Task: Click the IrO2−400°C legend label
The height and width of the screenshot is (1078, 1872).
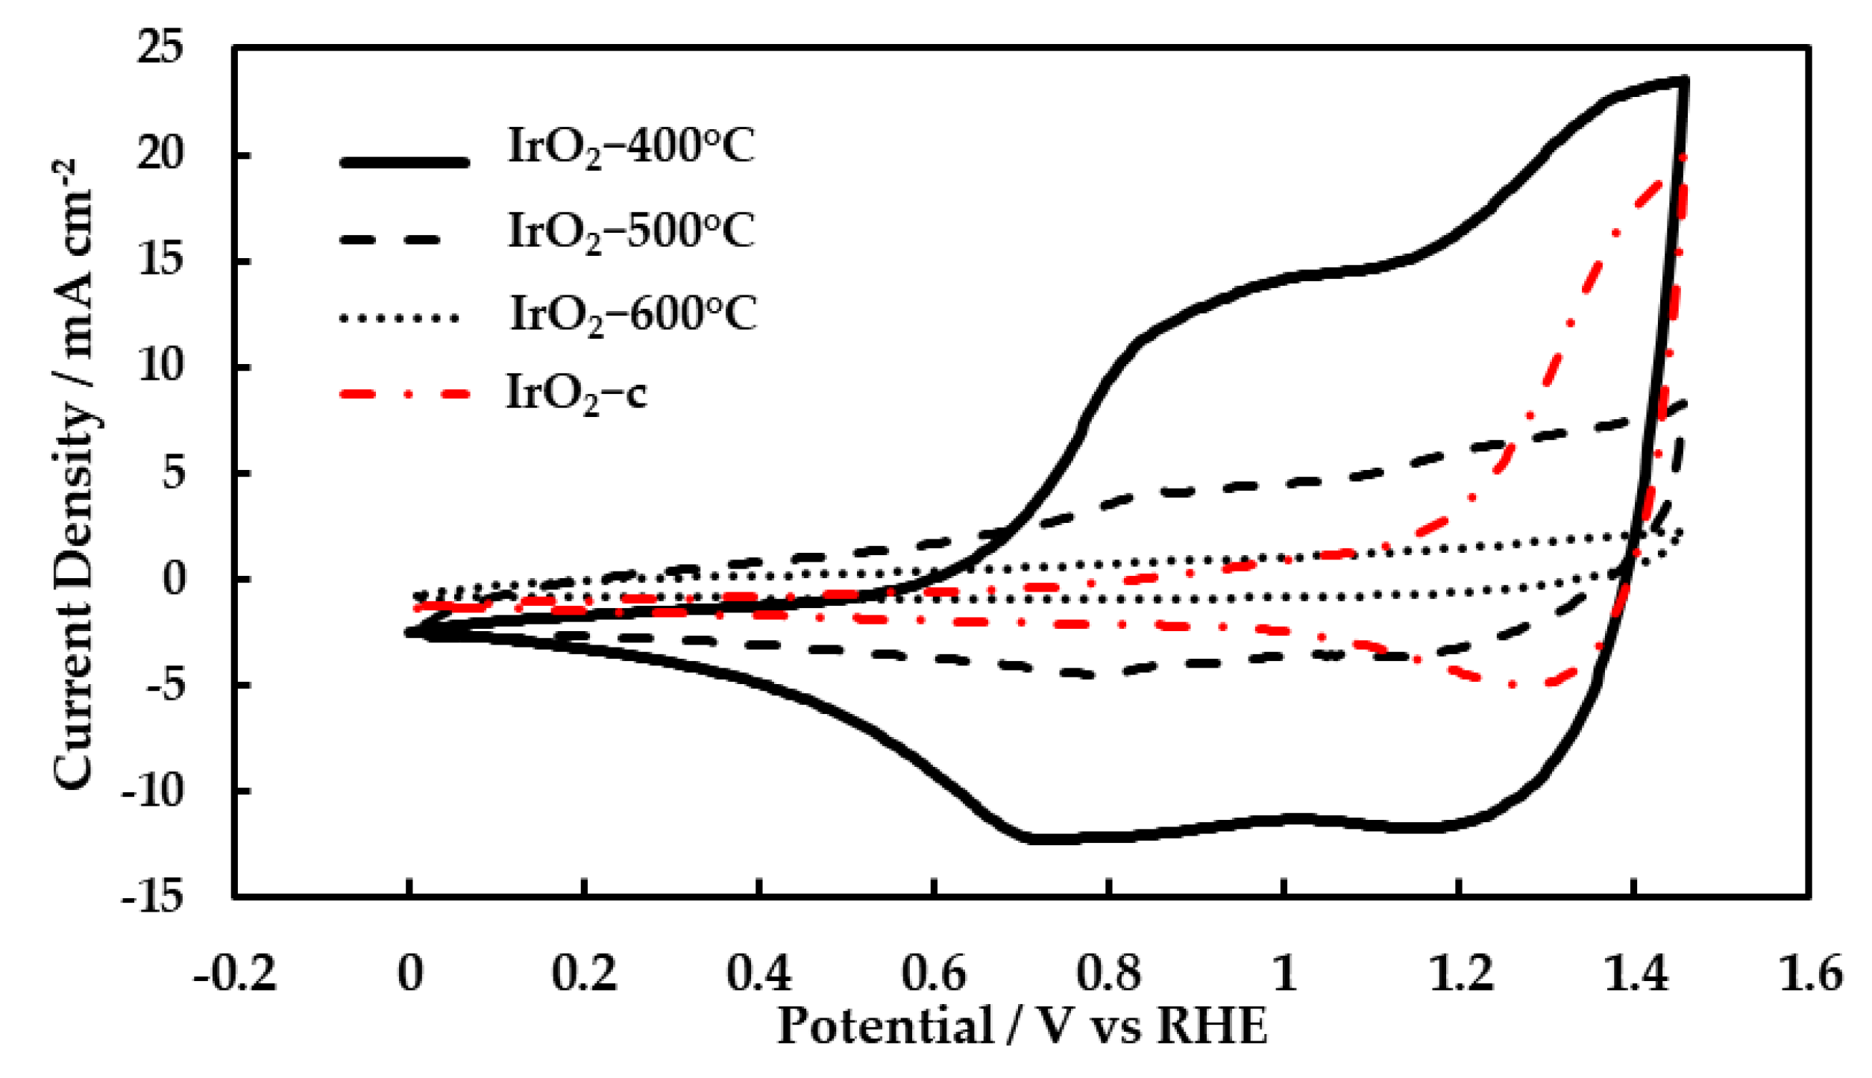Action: pyautogui.click(x=631, y=147)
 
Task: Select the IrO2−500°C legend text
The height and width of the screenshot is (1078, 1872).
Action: pyautogui.click(x=631, y=231)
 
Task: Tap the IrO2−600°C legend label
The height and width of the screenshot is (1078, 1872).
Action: pyautogui.click(x=632, y=313)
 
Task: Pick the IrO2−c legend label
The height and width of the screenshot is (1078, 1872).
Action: pyautogui.click(x=576, y=393)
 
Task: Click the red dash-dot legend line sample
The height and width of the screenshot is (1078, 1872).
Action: pyautogui.click(x=405, y=393)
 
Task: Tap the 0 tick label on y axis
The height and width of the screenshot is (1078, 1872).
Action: pyautogui.click(x=173, y=579)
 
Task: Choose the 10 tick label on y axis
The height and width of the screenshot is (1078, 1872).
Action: pyautogui.click(x=160, y=366)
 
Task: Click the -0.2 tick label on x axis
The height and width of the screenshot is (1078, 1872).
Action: pyautogui.click(x=235, y=974)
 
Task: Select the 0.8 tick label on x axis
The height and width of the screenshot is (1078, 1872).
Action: pyautogui.click(x=1109, y=974)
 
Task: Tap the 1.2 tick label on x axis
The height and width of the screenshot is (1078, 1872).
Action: pyautogui.click(x=1461, y=974)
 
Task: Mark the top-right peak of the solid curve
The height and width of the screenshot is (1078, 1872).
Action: pyautogui.click(x=1683, y=80)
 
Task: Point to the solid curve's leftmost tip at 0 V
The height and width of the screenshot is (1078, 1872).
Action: pyautogui.click(x=410, y=633)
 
